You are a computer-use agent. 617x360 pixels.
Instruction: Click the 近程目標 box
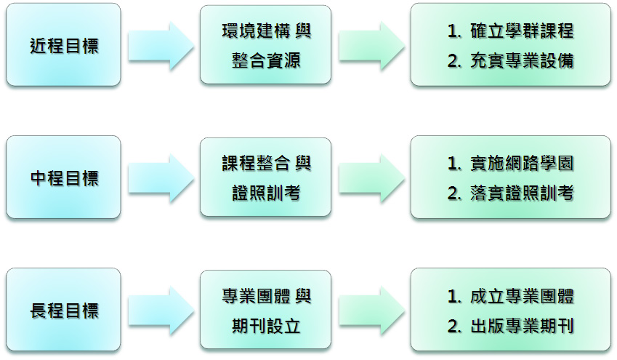[63, 45]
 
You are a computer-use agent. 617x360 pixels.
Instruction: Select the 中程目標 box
[63, 177]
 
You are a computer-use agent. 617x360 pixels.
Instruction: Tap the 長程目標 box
[63, 311]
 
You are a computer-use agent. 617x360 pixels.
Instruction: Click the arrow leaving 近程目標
[162, 46]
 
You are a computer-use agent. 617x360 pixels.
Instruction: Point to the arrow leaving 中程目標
[162, 178]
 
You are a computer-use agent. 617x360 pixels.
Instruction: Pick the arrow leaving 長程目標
[162, 311]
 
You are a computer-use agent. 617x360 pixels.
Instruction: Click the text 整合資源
[265, 60]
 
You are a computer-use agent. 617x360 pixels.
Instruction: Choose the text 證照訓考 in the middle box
[265, 193]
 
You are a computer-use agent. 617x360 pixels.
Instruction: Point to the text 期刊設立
[265, 325]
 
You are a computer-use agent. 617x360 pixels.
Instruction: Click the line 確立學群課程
[511, 31]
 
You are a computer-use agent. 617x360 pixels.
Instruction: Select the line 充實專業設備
[511, 60]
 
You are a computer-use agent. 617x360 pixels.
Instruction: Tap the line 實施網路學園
[511, 164]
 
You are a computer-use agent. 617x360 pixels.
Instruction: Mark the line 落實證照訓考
[511, 193]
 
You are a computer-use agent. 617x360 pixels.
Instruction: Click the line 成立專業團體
[511, 297]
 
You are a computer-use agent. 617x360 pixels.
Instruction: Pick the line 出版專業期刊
[511, 326]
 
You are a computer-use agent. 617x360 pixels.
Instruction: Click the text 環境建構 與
[266, 31]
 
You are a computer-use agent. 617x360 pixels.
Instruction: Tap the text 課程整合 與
[266, 163]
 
